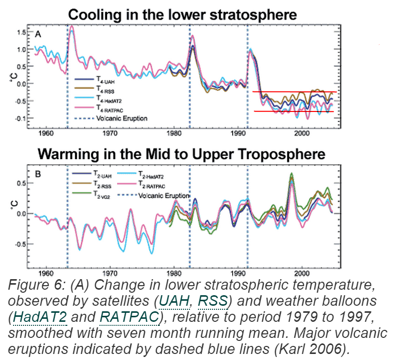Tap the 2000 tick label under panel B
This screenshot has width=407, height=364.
[x=301, y=273]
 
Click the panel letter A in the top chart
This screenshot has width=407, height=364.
[x=38, y=34]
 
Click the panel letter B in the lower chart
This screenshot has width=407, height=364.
[x=38, y=175]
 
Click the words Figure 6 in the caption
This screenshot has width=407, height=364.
[x=30, y=285]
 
